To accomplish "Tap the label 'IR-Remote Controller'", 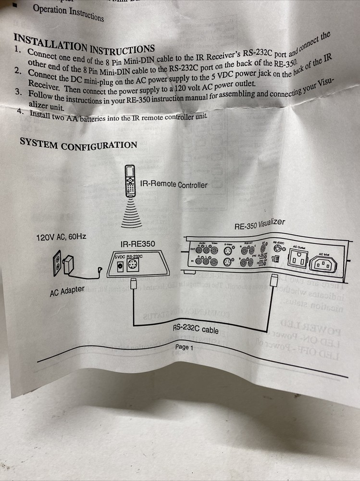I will (174, 184).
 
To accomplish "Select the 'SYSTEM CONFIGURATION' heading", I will (78, 144).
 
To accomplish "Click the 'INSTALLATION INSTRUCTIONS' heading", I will (84, 44).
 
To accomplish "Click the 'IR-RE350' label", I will (137, 244).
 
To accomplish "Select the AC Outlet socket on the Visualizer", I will (297, 260).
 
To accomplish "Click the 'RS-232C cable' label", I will (196, 329).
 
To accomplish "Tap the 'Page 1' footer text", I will (184, 347).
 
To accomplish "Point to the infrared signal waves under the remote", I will (131, 213).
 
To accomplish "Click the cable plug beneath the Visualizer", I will (274, 280).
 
